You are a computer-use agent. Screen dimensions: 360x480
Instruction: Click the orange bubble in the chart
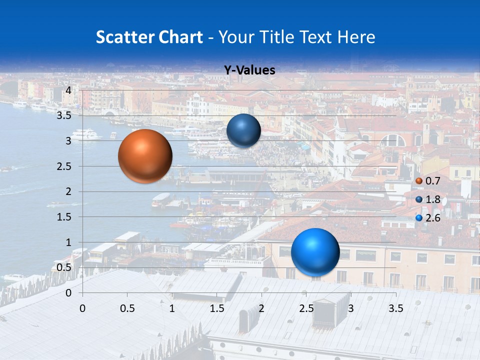point(145,156)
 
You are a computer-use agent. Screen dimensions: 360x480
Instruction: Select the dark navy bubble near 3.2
point(243,130)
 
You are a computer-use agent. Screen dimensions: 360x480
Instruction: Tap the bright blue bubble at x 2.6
point(315,252)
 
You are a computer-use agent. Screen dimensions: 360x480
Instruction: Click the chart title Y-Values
point(249,70)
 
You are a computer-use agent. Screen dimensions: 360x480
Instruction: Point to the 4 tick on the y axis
point(68,90)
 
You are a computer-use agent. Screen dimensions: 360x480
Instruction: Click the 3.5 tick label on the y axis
point(64,115)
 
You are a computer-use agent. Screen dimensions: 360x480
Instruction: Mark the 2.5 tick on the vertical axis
point(64,166)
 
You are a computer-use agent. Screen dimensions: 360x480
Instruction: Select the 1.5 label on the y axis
point(64,217)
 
